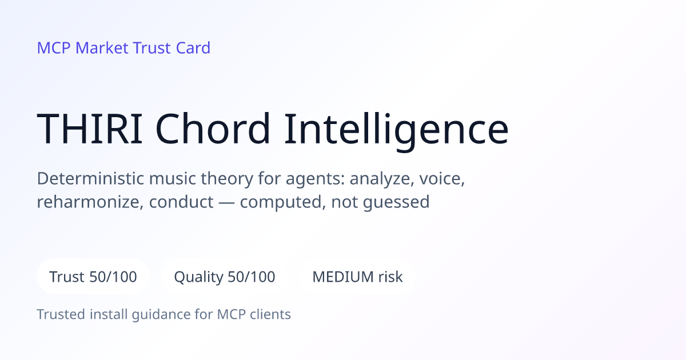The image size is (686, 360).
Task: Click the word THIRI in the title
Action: coord(90,129)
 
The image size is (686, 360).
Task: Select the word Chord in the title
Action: coord(213,128)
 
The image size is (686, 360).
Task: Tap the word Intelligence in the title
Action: coord(397,131)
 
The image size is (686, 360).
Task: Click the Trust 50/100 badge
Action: coord(93,277)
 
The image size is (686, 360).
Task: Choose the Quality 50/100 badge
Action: coord(225,277)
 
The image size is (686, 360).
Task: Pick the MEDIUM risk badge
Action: coord(357,277)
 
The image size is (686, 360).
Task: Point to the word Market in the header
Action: coord(102,48)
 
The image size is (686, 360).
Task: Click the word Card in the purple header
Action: coord(193,48)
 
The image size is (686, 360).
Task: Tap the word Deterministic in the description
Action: coord(90,178)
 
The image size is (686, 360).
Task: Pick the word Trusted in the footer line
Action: coord(61,314)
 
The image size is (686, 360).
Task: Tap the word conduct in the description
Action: coord(181,202)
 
